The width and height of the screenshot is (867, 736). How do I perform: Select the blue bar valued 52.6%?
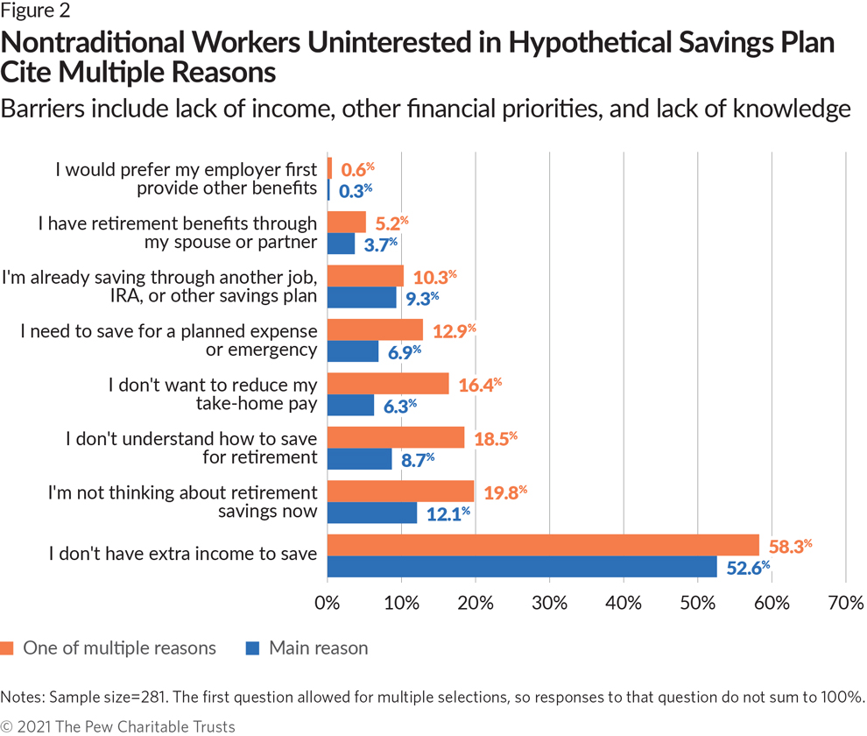(x=522, y=566)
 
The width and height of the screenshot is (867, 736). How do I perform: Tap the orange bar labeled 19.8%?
(x=400, y=491)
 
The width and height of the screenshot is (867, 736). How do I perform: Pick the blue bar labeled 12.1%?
(x=372, y=513)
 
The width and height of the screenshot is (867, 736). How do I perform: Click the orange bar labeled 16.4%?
(x=388, y=384)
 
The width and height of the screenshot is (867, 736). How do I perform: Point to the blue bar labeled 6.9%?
(x=353, y=351)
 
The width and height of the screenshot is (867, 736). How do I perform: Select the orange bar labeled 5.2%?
(x=347, y=223)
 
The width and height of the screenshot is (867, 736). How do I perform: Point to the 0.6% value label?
(x=359, y=168)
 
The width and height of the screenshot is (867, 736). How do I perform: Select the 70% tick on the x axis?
(x=845, y=604)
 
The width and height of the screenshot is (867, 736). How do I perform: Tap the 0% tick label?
(x=328, y=604)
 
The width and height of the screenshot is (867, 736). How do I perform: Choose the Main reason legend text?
(x=318, y=648)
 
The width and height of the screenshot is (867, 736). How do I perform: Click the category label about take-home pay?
(x=212, y=394)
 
